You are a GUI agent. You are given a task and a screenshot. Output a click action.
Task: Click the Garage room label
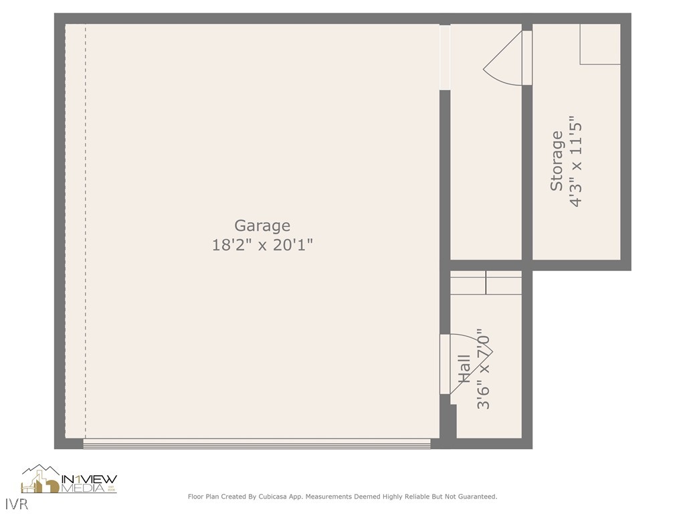coord(262,226)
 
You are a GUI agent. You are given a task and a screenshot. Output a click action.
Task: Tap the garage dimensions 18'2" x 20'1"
coord(262,245)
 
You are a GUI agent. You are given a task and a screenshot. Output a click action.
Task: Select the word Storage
coord(557,161)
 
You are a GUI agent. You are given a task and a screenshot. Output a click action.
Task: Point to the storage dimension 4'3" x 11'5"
coord(575,161)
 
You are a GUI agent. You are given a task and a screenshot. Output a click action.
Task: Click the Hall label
coord(464,369)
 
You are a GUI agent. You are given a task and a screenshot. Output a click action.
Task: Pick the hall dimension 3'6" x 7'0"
coord(483,369)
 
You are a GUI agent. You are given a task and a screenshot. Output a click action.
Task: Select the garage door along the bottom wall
coord(257,444)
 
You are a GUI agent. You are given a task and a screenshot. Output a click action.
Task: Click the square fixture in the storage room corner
coord(600,44)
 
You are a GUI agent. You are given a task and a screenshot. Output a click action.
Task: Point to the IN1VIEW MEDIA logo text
coord(90,483)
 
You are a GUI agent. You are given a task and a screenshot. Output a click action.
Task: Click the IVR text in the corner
coord(17,504)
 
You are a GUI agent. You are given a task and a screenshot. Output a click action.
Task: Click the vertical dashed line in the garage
coord(86,231)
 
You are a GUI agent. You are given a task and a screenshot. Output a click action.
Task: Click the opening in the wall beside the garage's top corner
coord(445,57)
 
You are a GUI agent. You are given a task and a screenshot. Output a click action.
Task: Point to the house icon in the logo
coord(40,479)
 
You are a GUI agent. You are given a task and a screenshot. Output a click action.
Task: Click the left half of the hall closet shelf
coord(468,283)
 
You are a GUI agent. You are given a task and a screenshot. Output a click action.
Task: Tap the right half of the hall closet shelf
coord(504,283)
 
